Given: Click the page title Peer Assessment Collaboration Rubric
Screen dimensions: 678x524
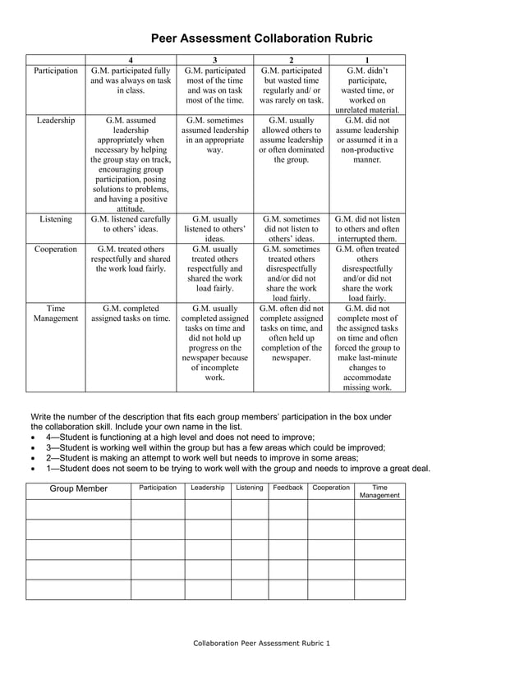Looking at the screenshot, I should [x=261, y=39].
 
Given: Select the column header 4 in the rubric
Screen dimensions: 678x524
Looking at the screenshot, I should [x=131, y=60].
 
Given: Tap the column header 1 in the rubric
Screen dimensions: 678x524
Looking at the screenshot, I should [x=366, y=60].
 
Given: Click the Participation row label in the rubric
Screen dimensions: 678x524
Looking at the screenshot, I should [x=56, y=71].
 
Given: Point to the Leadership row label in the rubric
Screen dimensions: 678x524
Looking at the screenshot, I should [x=56, y=121].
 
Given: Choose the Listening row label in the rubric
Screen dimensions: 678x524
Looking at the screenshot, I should [x=56, y=219].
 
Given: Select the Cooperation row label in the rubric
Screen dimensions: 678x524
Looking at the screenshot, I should [x=56, y=249].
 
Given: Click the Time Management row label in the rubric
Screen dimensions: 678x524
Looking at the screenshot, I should [x=56, y=314].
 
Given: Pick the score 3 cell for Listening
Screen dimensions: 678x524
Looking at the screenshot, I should [x=214, y=229].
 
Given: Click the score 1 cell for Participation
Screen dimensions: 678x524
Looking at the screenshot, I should [x=366, y=90].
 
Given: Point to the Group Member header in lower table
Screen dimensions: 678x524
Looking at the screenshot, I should [x=79, y=489].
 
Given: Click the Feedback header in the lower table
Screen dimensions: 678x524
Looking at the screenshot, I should [x=287, y=488].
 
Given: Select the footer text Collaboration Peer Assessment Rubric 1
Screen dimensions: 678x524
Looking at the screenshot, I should [x=261, y=643].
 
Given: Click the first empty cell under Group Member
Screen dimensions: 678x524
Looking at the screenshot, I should [x=79, y=509].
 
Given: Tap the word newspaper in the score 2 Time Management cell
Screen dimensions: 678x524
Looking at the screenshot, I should [x=291, y=358].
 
